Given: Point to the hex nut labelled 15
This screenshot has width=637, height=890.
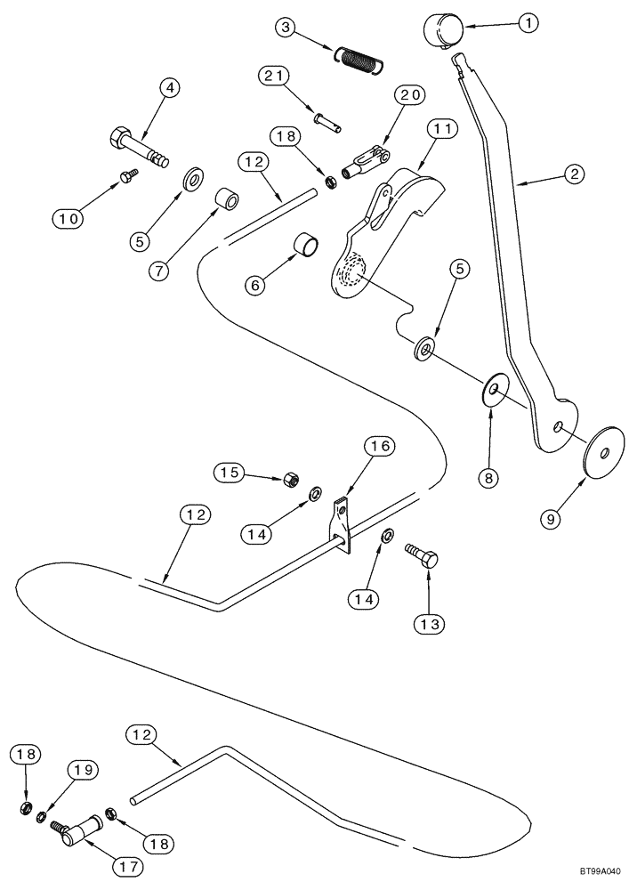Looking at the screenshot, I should coord(289,479).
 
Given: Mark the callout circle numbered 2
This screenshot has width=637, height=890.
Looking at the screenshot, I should coord(574,174).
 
